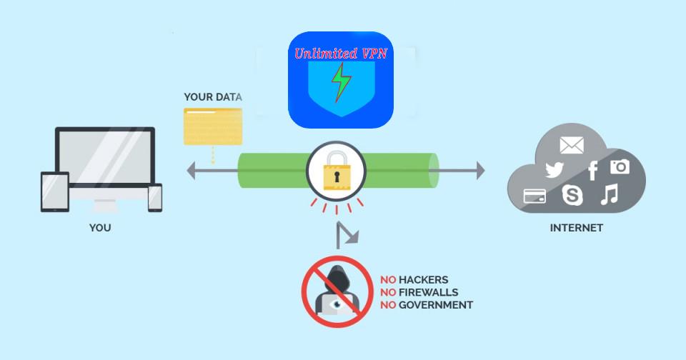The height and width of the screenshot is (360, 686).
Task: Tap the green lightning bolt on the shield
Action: [340, 81]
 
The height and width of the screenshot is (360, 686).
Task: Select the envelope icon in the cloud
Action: [572, 145]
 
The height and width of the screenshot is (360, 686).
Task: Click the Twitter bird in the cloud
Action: [555, 170]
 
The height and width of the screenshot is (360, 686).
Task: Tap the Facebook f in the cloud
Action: [592, 171]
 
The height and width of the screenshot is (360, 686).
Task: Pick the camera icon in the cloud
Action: [620, 167]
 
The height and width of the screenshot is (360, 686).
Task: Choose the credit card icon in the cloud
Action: [535, 196]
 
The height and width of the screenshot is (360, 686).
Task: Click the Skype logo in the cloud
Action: [572, 194]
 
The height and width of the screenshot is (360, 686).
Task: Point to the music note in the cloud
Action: [609, 194]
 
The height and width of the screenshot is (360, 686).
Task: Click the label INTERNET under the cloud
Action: [576, 229]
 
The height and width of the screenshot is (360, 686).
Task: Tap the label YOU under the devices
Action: [100, 229]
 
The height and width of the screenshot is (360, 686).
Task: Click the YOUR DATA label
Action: [213, 97]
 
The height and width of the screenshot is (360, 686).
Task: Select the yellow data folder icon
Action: [213, 127]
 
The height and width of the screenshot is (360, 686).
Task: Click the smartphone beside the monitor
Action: [155, 197]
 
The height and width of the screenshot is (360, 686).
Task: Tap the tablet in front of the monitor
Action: [55, 192]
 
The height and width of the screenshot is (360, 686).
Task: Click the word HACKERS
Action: [424, 280]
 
